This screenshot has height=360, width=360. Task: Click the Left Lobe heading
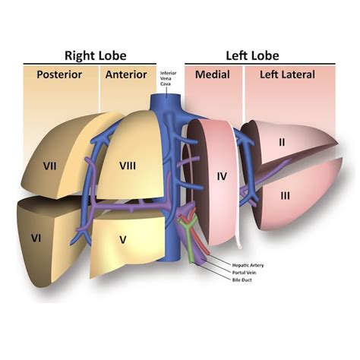[253, 55]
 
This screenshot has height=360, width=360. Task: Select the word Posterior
[59, 74]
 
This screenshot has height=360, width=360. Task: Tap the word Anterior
[126, 74]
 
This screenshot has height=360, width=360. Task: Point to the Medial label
[213, 74]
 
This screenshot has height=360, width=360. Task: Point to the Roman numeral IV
[223, 176]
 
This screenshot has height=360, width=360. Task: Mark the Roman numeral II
[281, 141]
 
